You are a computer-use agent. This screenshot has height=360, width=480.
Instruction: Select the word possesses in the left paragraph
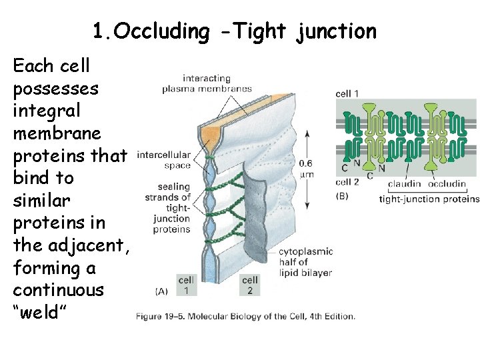tap(55, 88)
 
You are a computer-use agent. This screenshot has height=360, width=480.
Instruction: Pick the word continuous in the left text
tap(59, 290)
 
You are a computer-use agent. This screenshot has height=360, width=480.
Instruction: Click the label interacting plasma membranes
tap(207, 83)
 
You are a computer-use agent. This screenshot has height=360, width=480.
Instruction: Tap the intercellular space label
tap(163, 159)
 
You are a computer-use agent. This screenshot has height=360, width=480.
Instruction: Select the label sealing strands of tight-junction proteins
tap(168, 208)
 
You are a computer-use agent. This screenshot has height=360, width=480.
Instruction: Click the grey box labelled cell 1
tap(187, 285)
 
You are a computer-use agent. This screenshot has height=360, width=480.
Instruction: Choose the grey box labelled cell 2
tap(251, 285)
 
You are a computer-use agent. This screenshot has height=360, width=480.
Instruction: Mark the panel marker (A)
tap(161, 291)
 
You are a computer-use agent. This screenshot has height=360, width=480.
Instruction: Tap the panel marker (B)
tap(343, 195)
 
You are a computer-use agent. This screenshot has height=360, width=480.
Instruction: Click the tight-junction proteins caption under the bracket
tap(429, 199)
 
